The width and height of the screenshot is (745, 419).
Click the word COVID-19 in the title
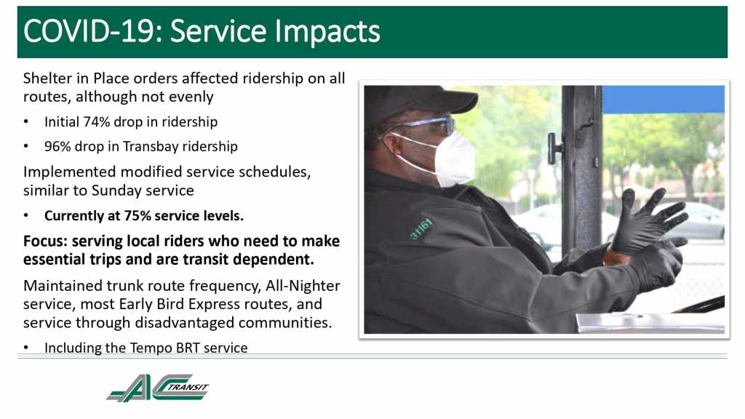point(89,31)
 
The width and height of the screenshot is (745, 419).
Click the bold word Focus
point(45,242)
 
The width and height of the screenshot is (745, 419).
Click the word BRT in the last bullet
point(188,348)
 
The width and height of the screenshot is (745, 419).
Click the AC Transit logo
point(158,388)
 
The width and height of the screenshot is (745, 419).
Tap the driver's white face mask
point(451,159)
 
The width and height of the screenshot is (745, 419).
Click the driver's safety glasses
point(418,126)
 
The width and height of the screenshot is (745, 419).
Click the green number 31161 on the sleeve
point(421,229)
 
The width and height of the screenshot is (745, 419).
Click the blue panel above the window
point(664,99)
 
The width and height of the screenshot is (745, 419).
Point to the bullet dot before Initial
point(26,122)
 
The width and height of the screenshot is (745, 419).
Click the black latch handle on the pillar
point(554,148)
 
